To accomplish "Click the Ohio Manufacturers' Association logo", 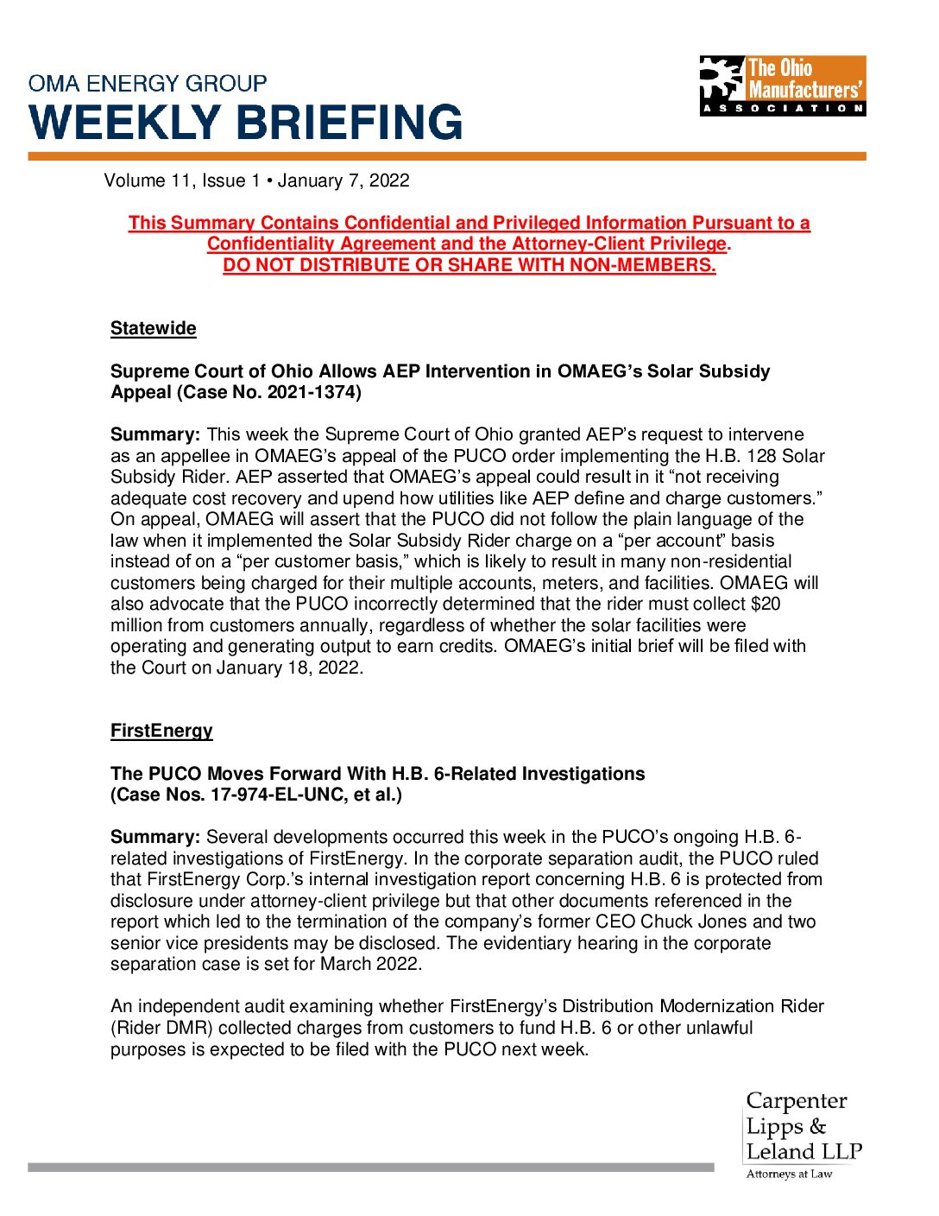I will click(x=782, y=85).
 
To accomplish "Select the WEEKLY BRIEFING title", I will click(x=246, y=123).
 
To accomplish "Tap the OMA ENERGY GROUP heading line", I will click(x=148, y=84).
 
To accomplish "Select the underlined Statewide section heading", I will click(x=154, y=328).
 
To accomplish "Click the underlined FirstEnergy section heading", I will click(x=161, y=731).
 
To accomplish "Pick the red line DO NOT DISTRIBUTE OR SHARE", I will click(x=469, y=265).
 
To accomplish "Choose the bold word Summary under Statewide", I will click(x=155, y=434).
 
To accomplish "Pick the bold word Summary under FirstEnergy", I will click(x=155, y=837).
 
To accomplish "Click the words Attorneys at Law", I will click(x=789, y=1174).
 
